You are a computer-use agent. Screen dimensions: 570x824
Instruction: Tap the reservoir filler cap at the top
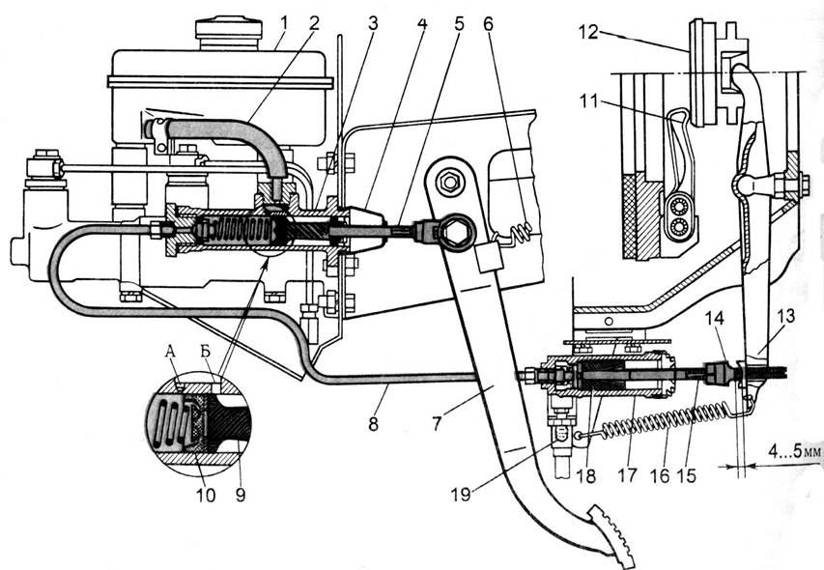(228, 29)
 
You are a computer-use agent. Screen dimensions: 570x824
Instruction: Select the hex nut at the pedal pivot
(449, 180)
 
